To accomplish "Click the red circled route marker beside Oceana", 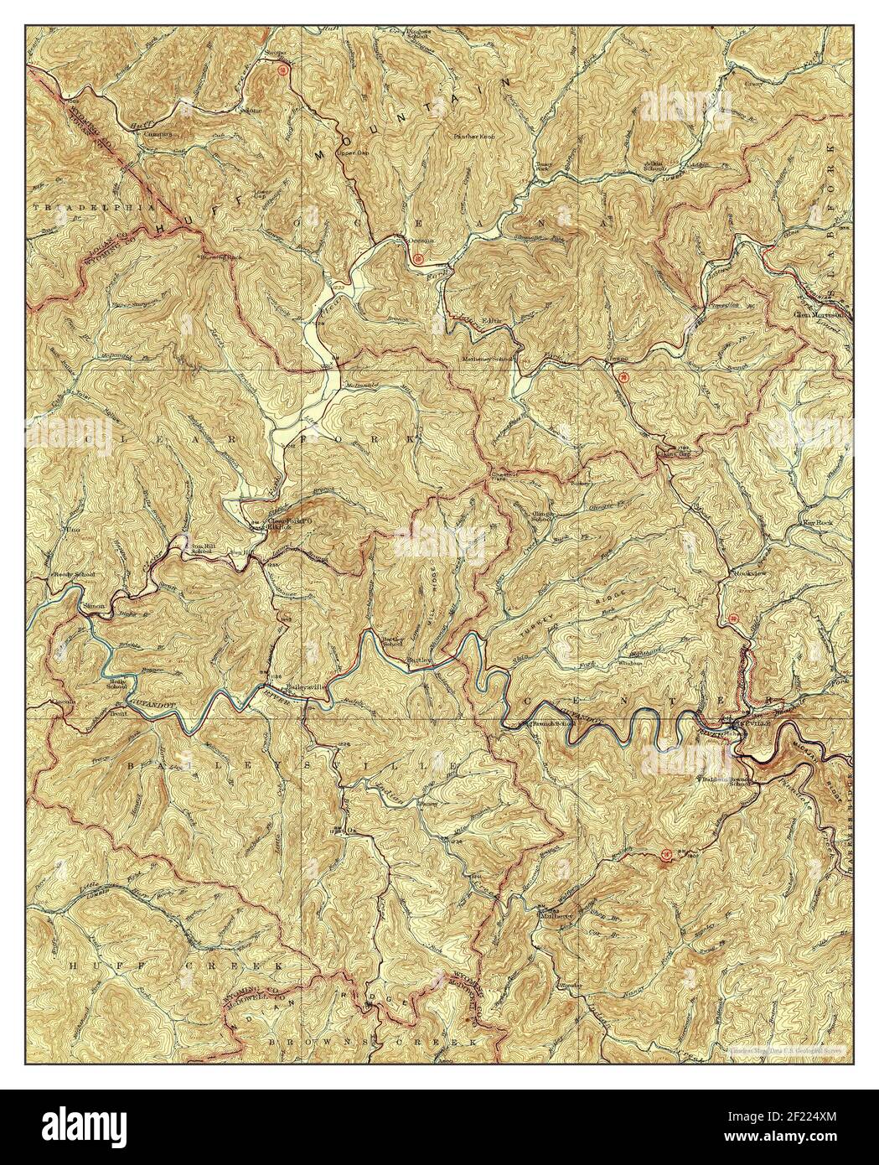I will tap(417, 259).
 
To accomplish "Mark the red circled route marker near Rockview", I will tap(734, 619).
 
